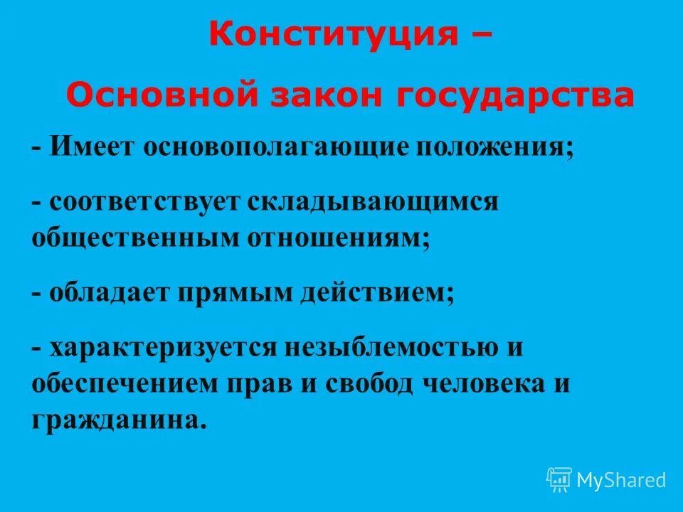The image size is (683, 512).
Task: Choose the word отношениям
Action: click(x=339, y=238)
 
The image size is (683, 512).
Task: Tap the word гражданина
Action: click(x=118, y=420)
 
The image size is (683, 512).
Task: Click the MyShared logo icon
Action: click(x=559, y=480)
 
